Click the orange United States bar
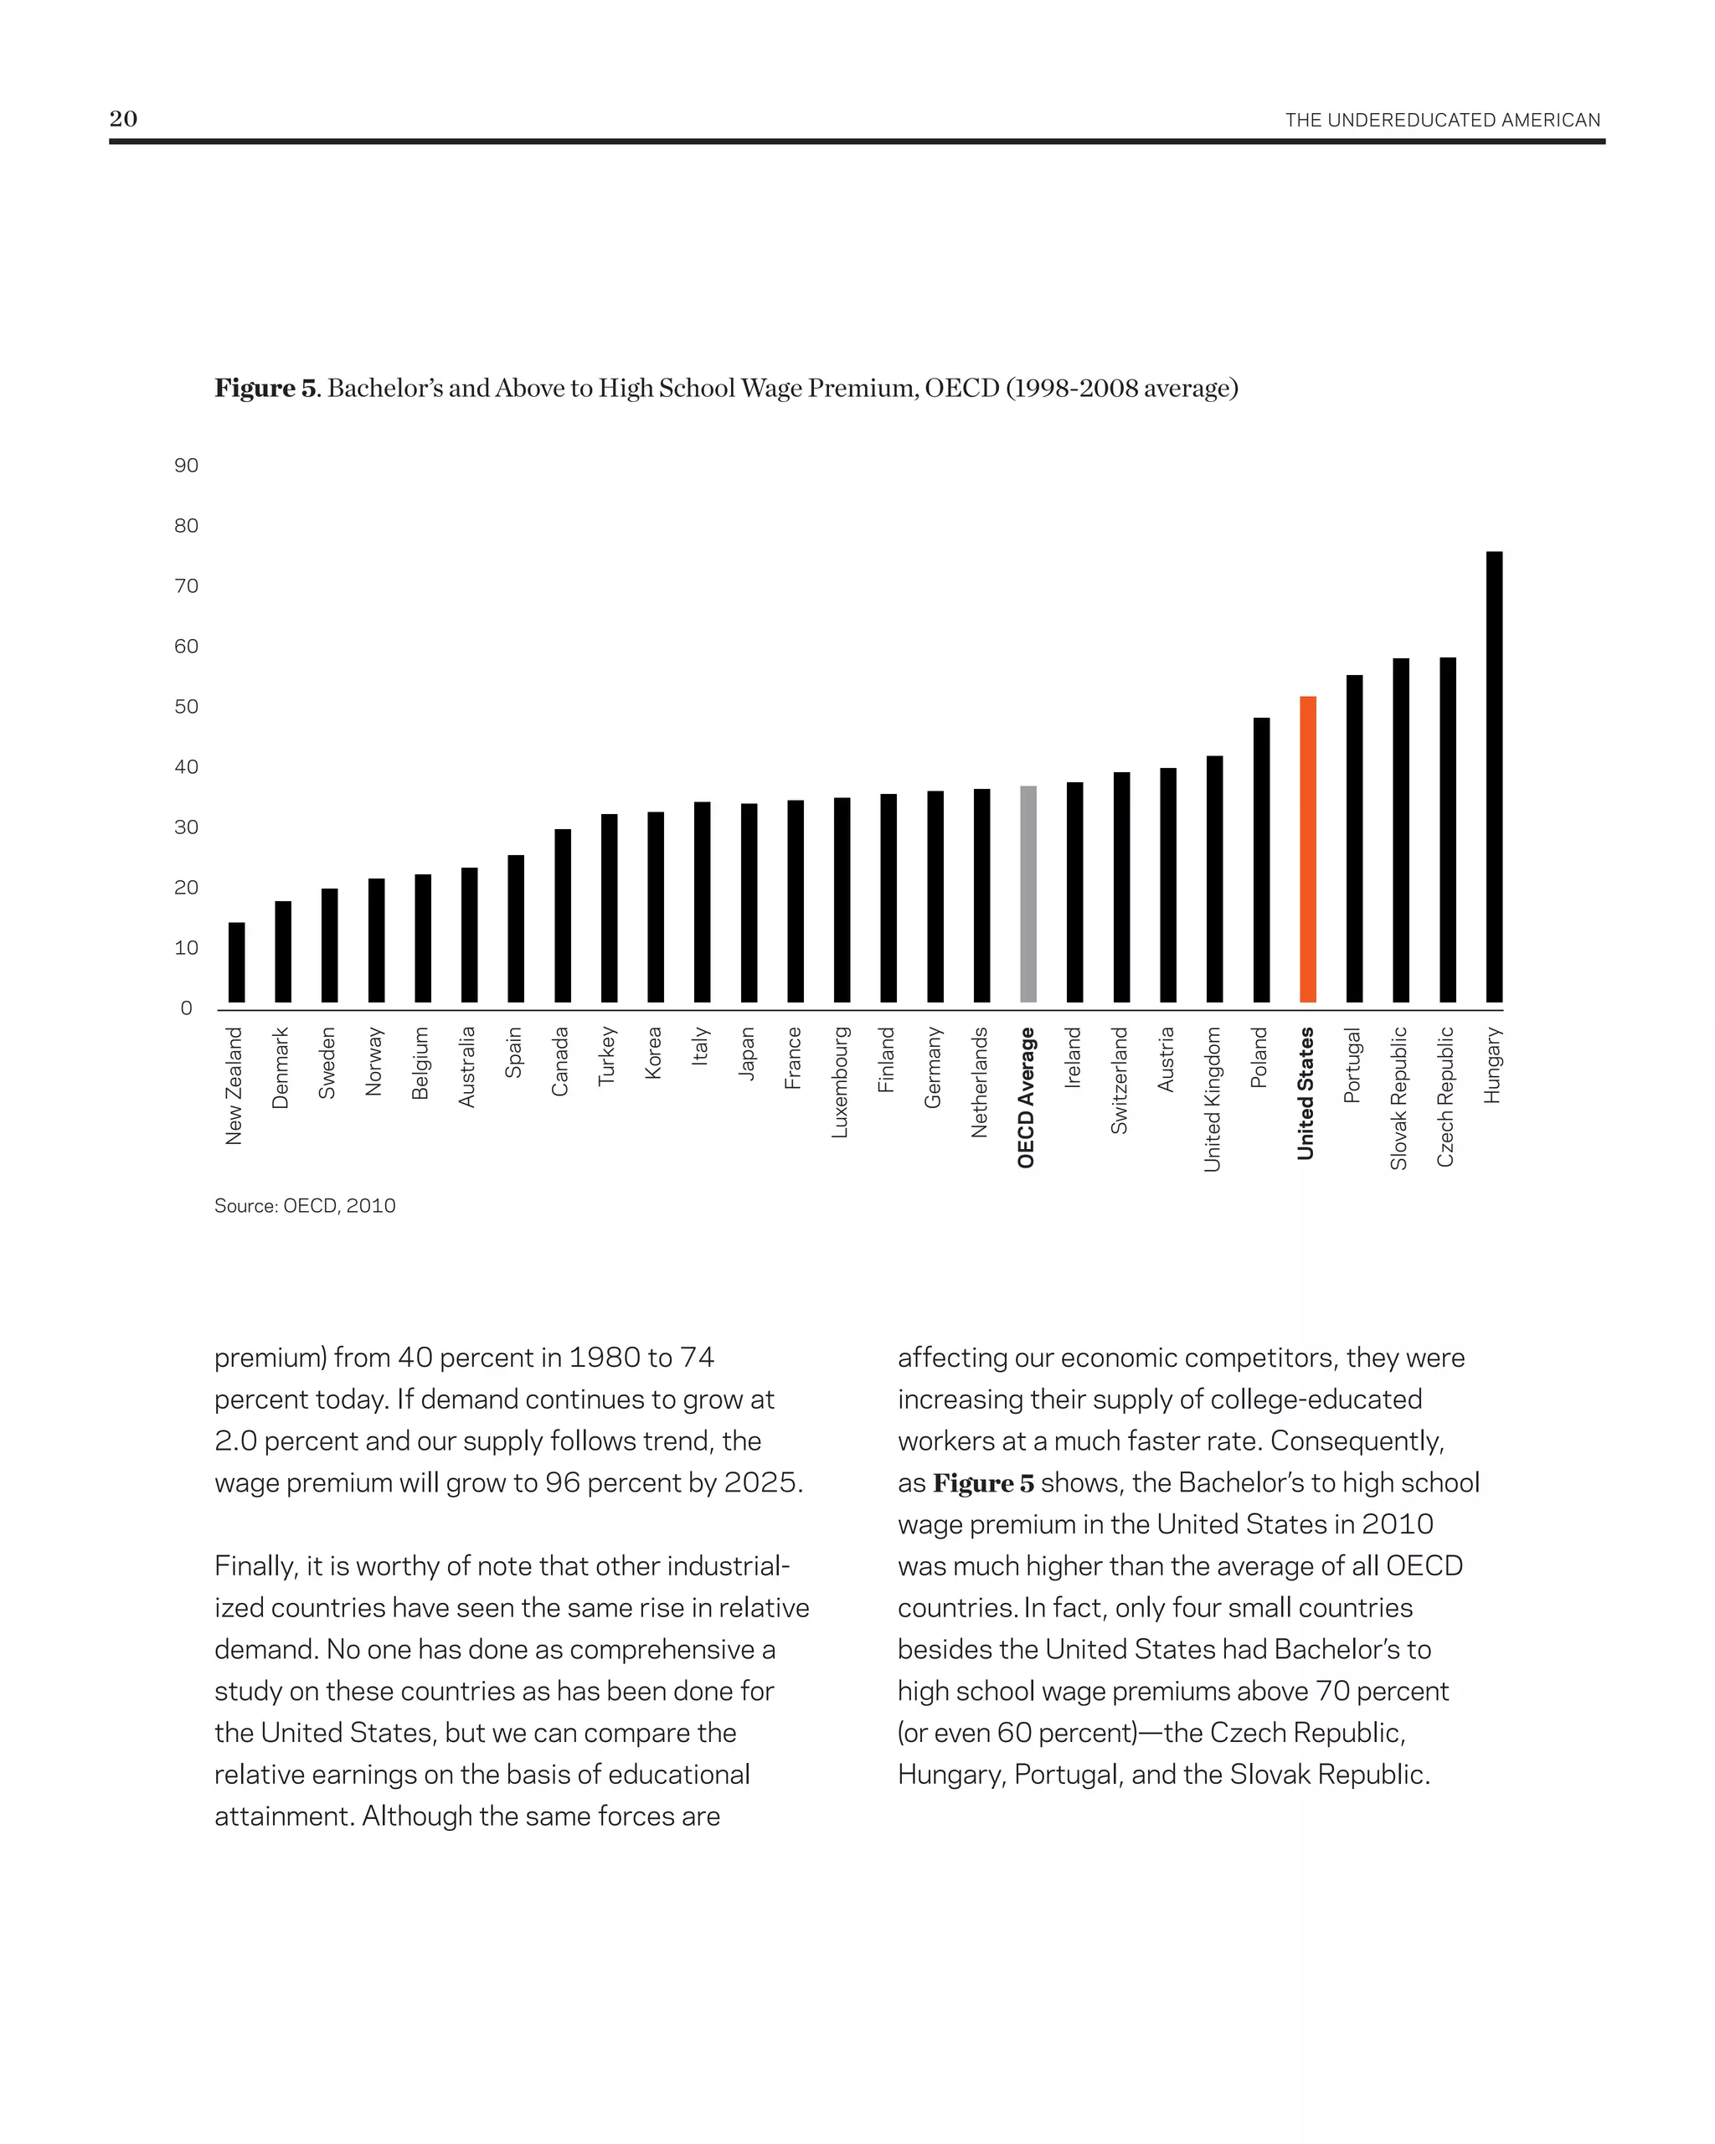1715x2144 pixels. pos(1307,849)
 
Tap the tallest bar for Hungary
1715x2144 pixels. pos(1493,776)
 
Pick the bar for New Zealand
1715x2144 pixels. pos(237,961)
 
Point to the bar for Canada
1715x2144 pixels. pos(563,915)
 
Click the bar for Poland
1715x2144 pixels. pos(1260,859)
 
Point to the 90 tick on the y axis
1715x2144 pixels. pos(186,466)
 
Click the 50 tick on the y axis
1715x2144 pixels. pos(186,707)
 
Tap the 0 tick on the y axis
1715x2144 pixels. pos(186,1008)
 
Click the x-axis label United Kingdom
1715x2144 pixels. pos(1212,1099)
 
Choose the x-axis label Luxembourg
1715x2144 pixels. pos(840,1082)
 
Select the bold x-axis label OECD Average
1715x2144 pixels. pos(1026,1097)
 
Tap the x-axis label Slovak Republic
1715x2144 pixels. pos(1398,1098)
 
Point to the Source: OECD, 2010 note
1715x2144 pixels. pos(305,1205)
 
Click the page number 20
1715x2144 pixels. pos(123,118)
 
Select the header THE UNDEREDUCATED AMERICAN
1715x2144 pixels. pos(1442,121)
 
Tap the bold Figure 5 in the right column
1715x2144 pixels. pos(982,1482)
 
